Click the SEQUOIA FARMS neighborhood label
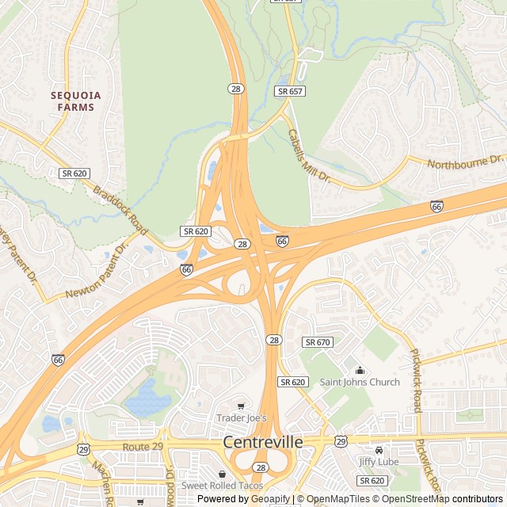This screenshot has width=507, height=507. click(76, 101)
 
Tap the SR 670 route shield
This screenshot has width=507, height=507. click(318, 342)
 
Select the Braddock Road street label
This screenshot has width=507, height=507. click(120, 210)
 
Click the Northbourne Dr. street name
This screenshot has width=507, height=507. click(465, 163)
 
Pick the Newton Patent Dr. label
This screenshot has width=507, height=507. click(97, 272)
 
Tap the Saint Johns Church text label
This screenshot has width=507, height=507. click(360, 383)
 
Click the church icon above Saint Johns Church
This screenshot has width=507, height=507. click(360, 370)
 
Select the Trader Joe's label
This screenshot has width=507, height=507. click(242, 417)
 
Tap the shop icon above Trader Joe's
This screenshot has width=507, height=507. click(241, 406)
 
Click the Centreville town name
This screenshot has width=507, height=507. click(262, 442)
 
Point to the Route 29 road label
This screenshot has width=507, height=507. click(142, 448)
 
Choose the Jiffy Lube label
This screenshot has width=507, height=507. click(378, 461)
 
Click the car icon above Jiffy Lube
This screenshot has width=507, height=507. click(379, 449)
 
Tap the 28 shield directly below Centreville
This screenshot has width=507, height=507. click(260, 468)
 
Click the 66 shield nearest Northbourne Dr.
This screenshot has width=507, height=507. click(436, 206)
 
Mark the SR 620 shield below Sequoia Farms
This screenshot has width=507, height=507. click(75, 173)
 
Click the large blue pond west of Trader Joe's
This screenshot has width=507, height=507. click(147, 398)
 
